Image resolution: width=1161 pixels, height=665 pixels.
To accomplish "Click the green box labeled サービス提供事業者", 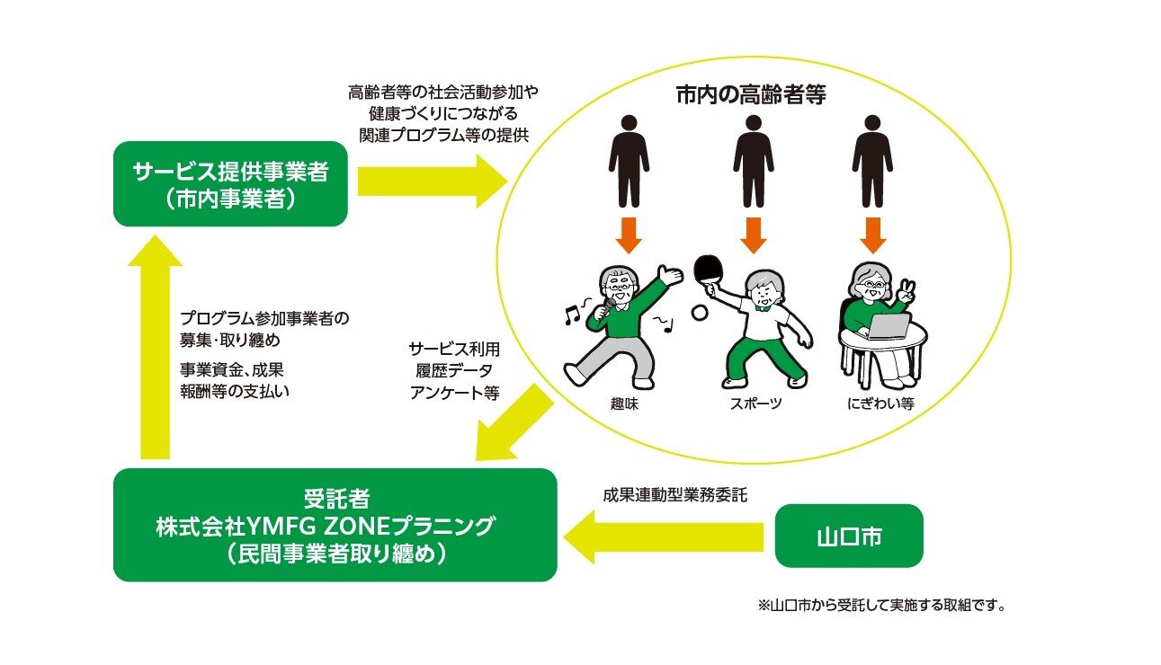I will click(x=230, y=183).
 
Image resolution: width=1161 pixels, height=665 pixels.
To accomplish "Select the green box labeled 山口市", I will click(x=849, y=536).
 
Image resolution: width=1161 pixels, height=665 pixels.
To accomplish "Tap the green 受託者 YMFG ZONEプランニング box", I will click(x=335, y=525).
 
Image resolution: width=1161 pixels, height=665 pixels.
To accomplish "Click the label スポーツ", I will click(x=755, y=403).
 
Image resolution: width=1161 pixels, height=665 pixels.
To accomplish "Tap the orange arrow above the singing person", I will click(x=628, y=235).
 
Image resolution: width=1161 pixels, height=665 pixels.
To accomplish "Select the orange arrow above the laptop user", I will click(x=871, y=235).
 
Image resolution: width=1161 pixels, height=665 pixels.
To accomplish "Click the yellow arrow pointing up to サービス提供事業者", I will click(x=155, y=350).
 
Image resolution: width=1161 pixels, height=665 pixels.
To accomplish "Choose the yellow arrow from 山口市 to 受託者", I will click(x=665, y=537).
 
